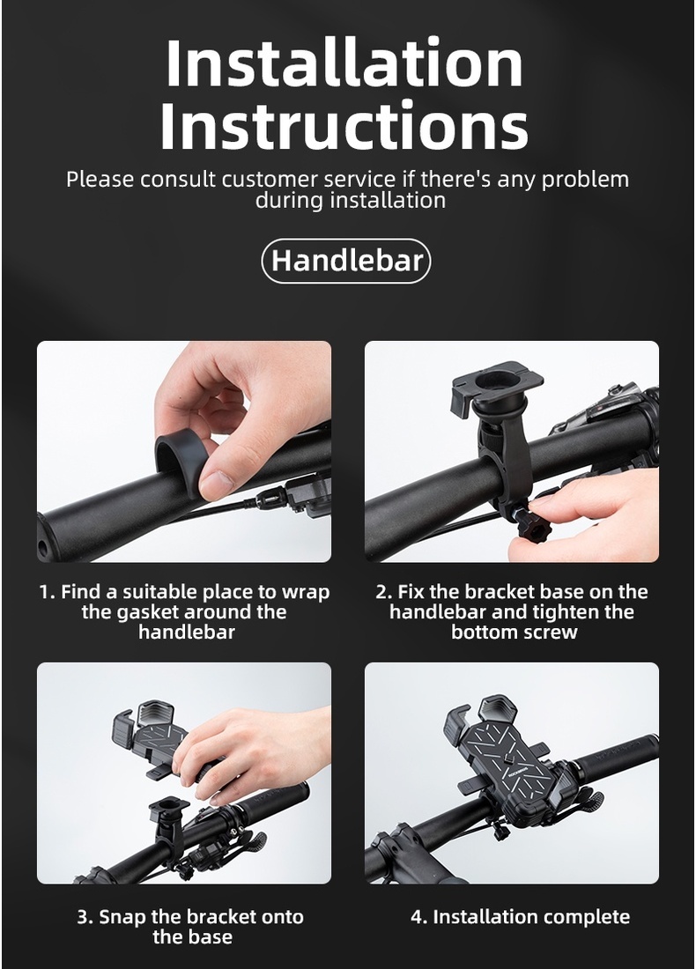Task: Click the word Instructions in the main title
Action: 344,126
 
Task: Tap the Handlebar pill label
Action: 346,261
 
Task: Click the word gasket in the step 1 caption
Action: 147,612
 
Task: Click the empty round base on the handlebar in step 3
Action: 167,810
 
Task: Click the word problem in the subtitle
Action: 585,180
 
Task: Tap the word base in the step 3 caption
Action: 210,937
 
